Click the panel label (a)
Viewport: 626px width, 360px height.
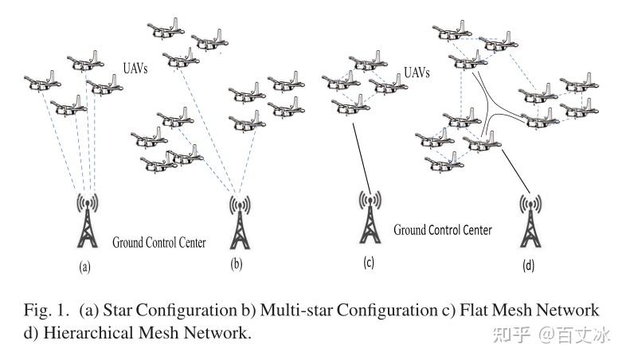tap(84, 268)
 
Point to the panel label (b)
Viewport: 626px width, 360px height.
tap(236, 264)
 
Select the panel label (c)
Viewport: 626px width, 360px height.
tap(368, 260)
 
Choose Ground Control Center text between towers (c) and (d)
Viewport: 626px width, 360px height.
tap(442, 229)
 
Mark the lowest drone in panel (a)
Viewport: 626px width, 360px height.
tap(67, 104)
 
